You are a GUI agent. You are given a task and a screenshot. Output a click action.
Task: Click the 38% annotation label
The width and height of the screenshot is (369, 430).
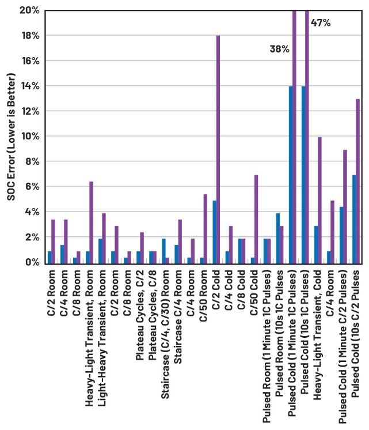pos(279,49)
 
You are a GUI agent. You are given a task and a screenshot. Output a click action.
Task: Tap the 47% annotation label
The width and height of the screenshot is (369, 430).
pos(321,23)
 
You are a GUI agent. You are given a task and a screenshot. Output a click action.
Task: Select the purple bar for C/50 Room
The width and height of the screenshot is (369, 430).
pos(206,228)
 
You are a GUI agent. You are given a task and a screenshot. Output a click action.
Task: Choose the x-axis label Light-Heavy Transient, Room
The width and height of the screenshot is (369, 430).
pos(101,323)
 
